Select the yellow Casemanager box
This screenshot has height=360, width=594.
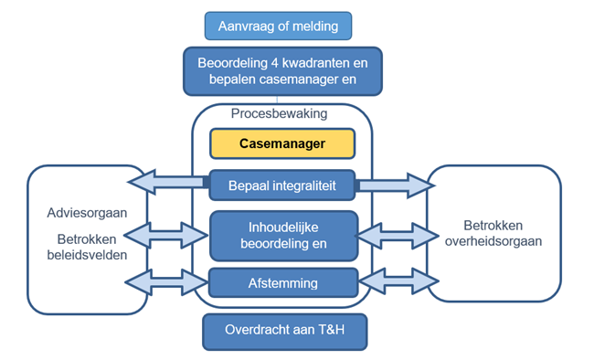click(281, 143)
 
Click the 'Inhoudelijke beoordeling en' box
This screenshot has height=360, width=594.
click(281, 236)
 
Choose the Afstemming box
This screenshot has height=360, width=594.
click(281, 283)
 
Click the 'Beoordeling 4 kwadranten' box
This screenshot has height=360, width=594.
click(282, 72)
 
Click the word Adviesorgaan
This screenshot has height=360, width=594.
click(87, 213)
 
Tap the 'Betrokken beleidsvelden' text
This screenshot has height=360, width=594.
click(87, 246)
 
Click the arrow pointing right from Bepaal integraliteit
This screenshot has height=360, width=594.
click(392, 185)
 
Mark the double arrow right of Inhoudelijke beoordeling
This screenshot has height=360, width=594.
click(392, 236)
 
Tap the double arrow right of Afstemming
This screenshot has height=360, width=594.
click(392, 282)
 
